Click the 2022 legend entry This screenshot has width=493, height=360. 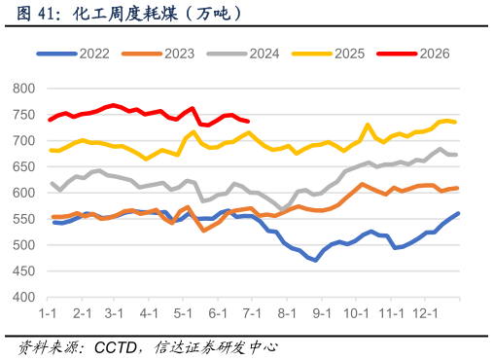point(73,54)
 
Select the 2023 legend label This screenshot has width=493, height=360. point(179,54)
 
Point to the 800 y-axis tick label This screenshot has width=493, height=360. point(23,89)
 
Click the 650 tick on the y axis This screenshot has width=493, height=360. point(23,166)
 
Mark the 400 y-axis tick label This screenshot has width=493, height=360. point(23,297)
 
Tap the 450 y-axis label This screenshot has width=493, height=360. point(23,271)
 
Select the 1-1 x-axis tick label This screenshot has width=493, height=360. point(48,313)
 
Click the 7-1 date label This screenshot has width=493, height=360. point(252,313)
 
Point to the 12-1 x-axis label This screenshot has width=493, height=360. point(425,313)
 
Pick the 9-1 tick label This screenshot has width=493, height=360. point(322,313)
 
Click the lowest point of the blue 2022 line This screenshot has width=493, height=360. point(315,260)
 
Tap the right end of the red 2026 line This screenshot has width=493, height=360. point(248,122)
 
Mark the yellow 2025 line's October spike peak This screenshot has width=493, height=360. point(368,125)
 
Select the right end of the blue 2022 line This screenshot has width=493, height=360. point(458,213)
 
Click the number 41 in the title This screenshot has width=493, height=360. point(46,14)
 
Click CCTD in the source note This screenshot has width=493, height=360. point(116,348)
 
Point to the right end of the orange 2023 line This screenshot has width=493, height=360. point(457,188)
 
